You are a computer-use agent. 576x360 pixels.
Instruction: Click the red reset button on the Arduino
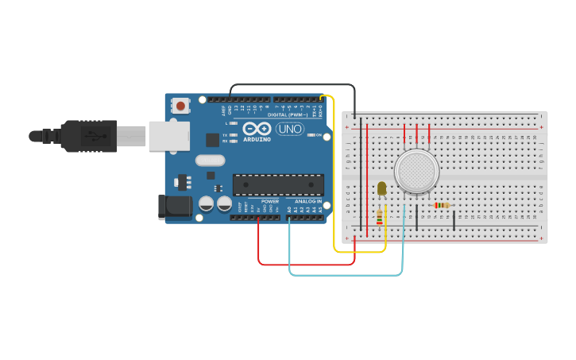pyautogui.click(x=181, y=105)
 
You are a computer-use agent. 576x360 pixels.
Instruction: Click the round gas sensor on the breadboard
pyautogui.click(x=416, y=171)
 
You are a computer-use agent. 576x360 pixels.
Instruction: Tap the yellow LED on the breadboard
pyautogui.click(x=381, y=188)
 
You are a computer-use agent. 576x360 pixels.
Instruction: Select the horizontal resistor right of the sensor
pyautogui.click(x=442, y=205)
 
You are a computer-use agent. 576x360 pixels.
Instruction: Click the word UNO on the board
pyautogui.click(x=290, y=129)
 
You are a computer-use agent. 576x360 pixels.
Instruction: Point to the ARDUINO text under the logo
pyautogui.click(x=257, y=139)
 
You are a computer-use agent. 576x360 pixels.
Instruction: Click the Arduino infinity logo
pyautogui.click(x=257, y=129)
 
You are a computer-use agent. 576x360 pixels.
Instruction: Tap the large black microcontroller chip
pyautogui.click(x=278, y=184)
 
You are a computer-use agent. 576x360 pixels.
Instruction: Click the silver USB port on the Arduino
pyautogui.click(x=169, y=135)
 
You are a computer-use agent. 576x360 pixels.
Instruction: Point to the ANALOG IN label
pyautogui.click(x=308, y=202)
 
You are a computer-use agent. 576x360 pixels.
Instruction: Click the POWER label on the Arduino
pyautogui.click(x=270, y=202)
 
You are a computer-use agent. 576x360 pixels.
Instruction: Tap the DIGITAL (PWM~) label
pyautogui.click(x=288, y=114)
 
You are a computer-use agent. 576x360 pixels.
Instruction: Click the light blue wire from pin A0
pyautogui.click(x=346, y=275)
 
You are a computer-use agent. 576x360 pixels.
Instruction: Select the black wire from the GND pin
pyautogui.click(x=294, y=84)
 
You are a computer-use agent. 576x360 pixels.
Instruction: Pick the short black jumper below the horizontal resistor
pyautogui.click(x=454, y=219)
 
